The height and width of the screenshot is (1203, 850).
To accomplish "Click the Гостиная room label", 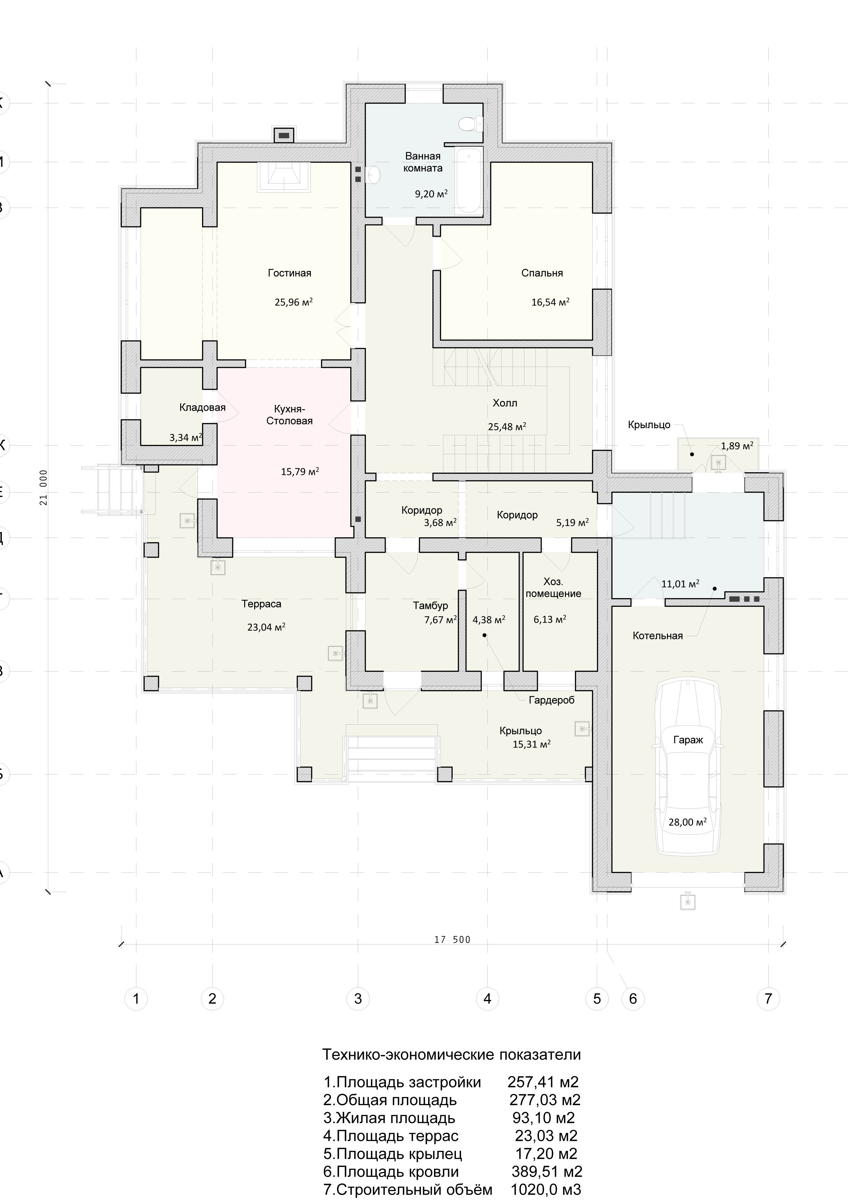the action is [x=289, y=273].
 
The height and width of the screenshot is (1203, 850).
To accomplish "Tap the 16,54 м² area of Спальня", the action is [x=550, y=302].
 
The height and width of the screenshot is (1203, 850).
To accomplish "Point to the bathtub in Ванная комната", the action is [x=468, y=181].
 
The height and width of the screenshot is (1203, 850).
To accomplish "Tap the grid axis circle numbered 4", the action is [x=487, y=999].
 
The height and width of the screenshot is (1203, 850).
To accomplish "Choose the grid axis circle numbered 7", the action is [x=768, y=999].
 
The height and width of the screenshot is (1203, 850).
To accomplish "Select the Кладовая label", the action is [x=202, y=408].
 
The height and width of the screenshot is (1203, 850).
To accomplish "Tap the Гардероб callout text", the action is [x=551, y=700].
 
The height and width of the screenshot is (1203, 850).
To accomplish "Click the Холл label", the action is [x=505, y=403].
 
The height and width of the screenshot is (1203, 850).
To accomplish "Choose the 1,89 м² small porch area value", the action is [x=737, y=446].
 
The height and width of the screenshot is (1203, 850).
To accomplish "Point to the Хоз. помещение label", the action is [x=554, y=588].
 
